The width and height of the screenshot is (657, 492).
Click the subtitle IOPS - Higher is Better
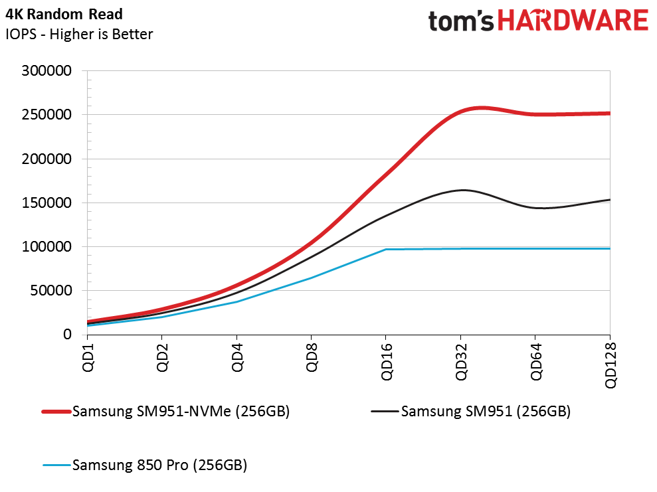point(79,34)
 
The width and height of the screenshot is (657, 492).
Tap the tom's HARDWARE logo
point(537,21)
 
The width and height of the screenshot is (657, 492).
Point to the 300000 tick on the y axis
point(48,71)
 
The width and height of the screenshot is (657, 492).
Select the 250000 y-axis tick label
point(48,115)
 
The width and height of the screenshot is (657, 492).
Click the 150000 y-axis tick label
point(48,203)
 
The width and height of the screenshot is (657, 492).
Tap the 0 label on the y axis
point(67,335)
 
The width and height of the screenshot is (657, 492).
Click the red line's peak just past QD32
point(480,108)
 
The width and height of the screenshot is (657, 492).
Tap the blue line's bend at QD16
point(386,250)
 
